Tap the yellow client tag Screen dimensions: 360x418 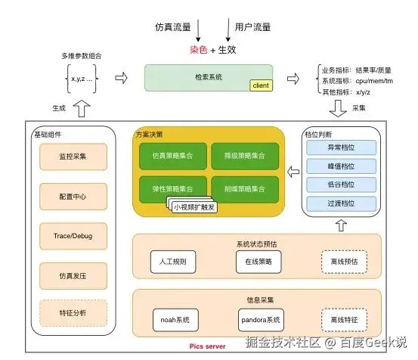pyautogui.click(x=260, y=85)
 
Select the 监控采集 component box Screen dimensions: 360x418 pyautogui.click(x=73, y=157)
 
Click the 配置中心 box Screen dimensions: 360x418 pyautogui.click(x=73, y=196)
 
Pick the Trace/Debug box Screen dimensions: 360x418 pyautogui.click(x=73, y=236)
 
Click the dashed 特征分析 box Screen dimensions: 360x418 pyautogui.click(x=73, y=311)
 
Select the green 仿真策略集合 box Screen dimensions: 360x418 pyautogui.click(x=167, y=156)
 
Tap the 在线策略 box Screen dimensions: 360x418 pyautogui.click(x=259, y=261)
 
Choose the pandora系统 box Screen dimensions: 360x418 pyautogui.click(x=259, y=318)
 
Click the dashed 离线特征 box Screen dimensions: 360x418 pyautogui.click(x=344, y=318)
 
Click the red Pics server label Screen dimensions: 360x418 pyautogui.click(x=207, y=345)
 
